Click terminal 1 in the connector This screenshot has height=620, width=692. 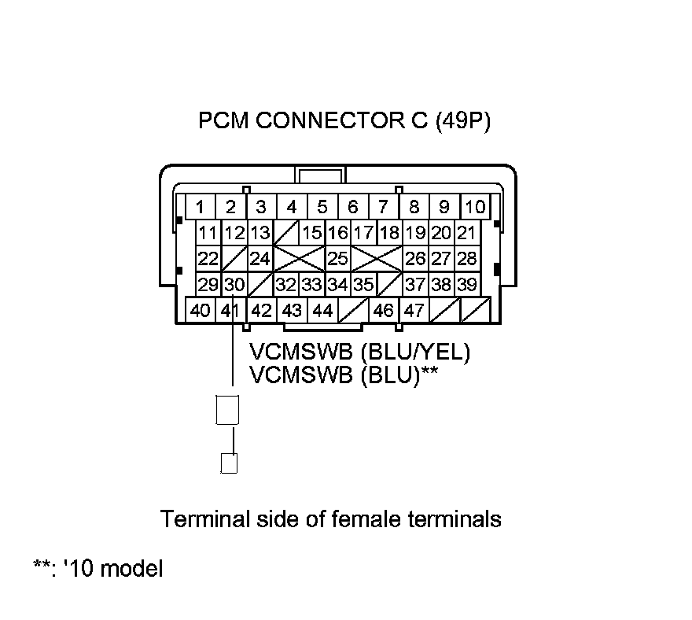pos(201,208)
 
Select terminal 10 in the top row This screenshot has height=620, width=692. pos(475,208)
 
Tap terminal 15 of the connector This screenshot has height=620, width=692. pos(312,233)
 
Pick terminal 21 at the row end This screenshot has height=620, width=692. pos(466,233)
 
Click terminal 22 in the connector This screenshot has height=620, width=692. pos(208,259)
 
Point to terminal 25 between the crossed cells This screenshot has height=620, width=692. pos(338,259)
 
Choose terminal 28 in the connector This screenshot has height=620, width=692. pos(466,259)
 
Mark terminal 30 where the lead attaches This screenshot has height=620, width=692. pos(234,284)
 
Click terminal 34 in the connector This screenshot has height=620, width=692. pos(338,284)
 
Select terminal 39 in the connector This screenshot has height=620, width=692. pos(466,284)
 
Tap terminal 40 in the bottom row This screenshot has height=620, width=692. pos(200,310)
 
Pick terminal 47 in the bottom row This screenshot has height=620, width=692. pos(414,310)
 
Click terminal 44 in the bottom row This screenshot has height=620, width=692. pos(322,310)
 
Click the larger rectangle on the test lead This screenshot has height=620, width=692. pos(226,410)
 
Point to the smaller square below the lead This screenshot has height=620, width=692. pos(229,463)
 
